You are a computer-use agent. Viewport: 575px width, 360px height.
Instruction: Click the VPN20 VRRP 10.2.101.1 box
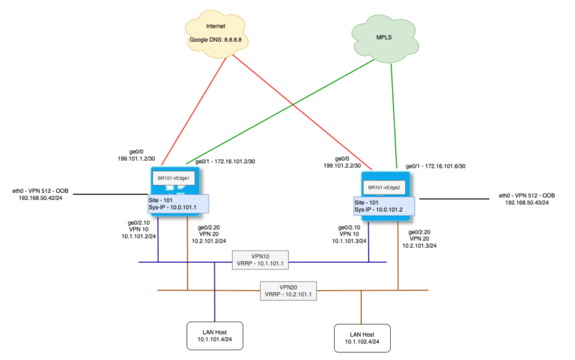(x=288, y=290)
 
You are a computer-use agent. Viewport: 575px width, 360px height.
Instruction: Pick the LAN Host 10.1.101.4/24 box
(x=215, y=336)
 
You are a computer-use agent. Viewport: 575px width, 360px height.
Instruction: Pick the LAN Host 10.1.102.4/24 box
(x=362, y=337)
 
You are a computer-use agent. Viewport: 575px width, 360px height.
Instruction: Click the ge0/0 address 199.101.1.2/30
(x=141, y=159)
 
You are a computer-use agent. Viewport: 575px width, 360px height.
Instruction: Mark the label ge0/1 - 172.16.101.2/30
(x=225, y=162)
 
